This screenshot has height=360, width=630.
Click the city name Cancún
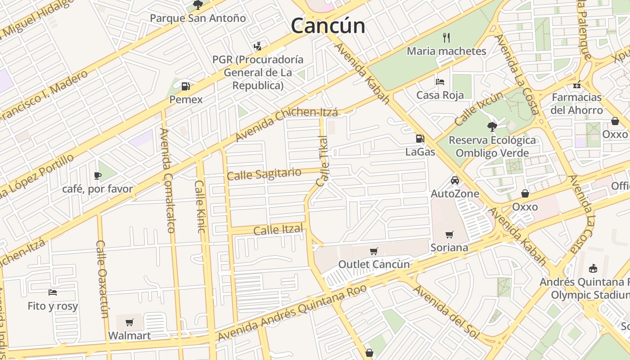328,25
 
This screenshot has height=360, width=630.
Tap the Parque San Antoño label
198,18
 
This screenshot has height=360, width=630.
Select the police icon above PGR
257,46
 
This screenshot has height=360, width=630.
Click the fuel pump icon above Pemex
185,86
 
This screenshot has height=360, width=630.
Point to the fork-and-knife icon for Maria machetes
446,37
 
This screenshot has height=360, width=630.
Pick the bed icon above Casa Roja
440,81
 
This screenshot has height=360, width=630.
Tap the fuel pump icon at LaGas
420,139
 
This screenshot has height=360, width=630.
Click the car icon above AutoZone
455,180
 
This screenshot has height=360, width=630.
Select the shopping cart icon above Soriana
449,234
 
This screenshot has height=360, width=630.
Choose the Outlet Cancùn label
374,264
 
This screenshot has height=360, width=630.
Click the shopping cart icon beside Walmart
130,322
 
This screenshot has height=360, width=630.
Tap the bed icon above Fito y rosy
53,292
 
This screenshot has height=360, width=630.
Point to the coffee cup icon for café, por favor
98,175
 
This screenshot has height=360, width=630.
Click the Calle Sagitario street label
264,174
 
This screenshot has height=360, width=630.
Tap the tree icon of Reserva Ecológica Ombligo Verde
492,126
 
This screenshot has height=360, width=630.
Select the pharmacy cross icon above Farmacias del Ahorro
577,84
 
